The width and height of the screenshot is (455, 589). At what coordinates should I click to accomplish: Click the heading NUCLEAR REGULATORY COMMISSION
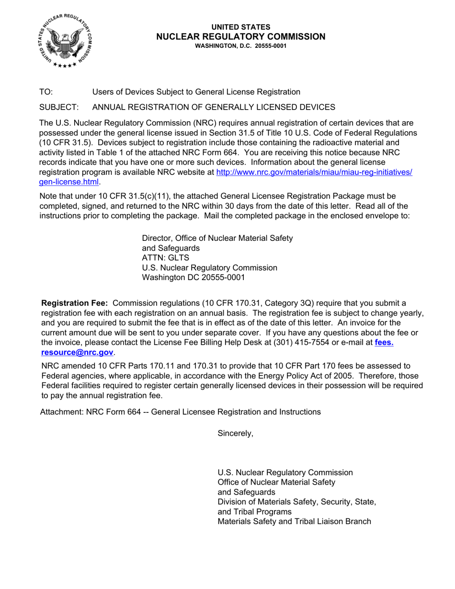pos(241,37)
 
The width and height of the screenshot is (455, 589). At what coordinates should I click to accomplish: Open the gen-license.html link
pos(69,182)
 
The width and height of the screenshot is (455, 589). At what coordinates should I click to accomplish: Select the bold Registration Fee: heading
pos(75,303)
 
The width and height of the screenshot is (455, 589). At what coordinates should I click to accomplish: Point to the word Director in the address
pos(158,238)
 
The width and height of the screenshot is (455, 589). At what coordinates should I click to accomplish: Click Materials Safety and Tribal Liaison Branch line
pos(294,521)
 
